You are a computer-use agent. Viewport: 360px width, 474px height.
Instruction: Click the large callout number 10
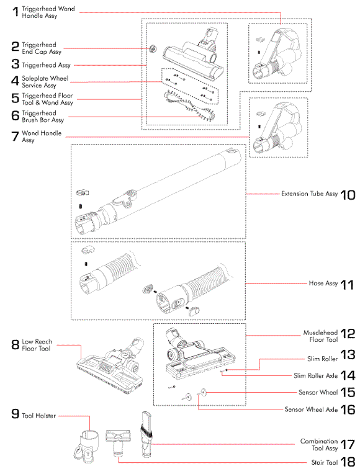[x=348, y=195]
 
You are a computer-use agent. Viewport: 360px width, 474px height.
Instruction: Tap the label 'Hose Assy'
[x=323, y=284]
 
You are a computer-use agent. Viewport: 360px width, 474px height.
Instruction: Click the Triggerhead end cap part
[x=153, y=48]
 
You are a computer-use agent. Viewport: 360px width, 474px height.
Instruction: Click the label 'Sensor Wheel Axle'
[x=311, y=409]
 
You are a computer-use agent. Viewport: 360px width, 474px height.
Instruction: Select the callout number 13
[x=348, y=355]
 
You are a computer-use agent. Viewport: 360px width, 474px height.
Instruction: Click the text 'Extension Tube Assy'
[x=310, y=194]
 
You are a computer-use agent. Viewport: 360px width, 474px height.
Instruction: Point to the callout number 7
[x=15, y=136]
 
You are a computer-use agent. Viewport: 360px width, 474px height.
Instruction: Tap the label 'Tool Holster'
[x=38, y=416]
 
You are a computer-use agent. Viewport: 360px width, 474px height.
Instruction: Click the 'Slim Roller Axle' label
[x=315, y=375]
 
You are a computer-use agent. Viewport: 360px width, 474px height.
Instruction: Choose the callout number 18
[x=348, y=462]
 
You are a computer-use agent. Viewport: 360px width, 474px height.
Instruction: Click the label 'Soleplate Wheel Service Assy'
[x=45, y=82]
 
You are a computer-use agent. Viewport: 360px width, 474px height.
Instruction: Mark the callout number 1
[x=16, y=12]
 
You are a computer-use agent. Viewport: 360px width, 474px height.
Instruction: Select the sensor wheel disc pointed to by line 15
[x=204, y=392]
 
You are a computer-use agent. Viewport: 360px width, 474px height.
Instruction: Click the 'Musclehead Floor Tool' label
[x=320, y=336]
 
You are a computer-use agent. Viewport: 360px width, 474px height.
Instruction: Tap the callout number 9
[x=15, y=414]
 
